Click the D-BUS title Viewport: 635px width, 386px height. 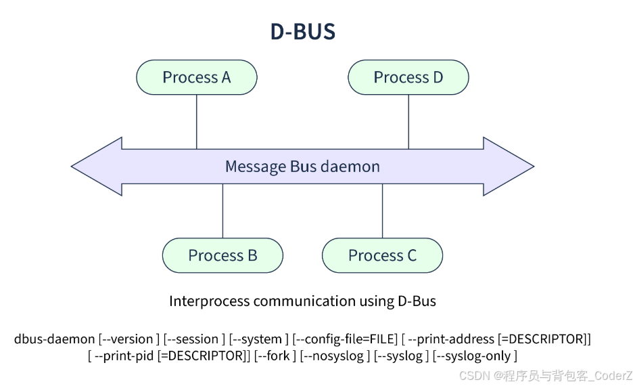click(303, 31)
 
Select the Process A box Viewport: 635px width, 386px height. click(196, 77)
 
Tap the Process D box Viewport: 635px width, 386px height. click(408, 77)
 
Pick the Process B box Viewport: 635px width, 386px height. click(222, 255)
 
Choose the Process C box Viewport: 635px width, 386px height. click(382, 255)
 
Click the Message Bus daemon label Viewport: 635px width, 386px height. click(302, 167)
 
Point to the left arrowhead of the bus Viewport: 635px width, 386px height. click(97, 166)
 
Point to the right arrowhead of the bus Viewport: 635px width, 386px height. click(509, 166)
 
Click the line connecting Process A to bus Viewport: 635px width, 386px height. click(196, 122)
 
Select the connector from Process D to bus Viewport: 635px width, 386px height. click(408, 122)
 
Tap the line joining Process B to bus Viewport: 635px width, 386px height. click(222, 211)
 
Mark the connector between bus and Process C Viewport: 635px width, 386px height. click(382, 211)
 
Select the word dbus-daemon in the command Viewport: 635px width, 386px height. click(54, 339)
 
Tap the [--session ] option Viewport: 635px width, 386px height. click(194, 339)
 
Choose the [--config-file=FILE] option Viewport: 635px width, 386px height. click(345, 339)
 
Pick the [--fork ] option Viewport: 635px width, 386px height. click(275, 356)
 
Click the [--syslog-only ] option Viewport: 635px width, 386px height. click(475, 356)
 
